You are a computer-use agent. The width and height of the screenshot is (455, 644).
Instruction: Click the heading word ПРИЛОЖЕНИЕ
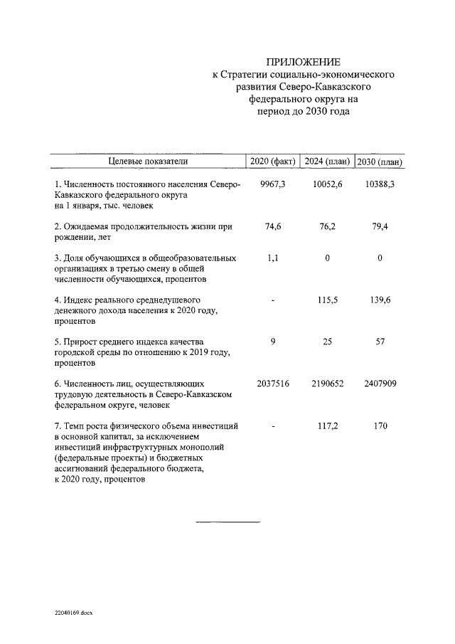tap(303, 62)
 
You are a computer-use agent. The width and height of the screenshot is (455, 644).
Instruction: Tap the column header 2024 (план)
tap(327, 162)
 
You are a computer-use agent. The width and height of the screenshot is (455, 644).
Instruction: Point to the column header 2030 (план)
tap(380, 162)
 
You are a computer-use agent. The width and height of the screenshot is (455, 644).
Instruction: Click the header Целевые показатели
tap(147, 162)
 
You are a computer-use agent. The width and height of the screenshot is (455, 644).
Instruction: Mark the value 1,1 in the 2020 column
tap(273, 258)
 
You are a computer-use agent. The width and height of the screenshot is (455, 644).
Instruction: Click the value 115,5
tap(327, 300)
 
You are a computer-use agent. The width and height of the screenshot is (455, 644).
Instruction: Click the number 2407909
tap(380, 384)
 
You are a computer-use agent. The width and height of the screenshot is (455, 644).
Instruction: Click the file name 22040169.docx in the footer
tap(74, 611)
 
